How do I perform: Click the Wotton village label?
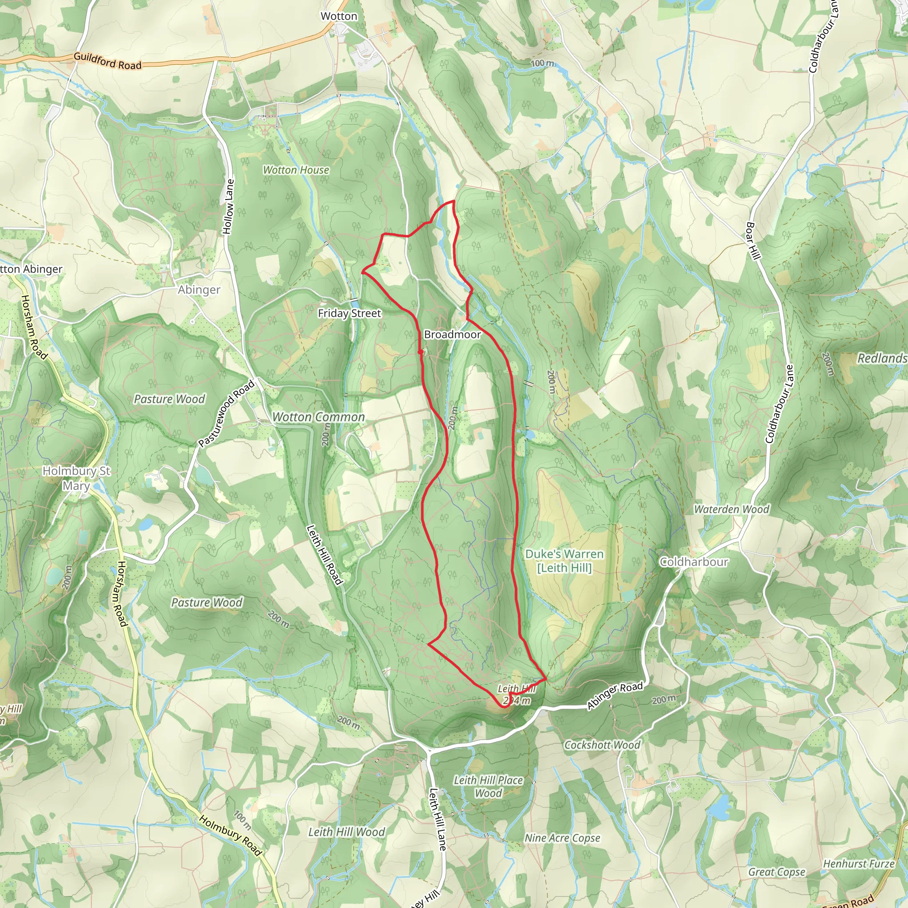point(338,16)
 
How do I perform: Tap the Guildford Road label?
point(107,61)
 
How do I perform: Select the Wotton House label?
point(296,170)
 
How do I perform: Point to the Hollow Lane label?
point(228,206)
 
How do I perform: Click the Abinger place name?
point(199,290)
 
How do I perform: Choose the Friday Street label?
point(349,313)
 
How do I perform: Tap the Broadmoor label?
point(452,335)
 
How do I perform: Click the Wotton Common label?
point(319,417)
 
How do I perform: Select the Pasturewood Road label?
point(226,413)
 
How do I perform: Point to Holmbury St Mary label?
point(77,478)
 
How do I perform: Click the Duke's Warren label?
point(564,561)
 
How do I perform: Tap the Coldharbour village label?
point(694,562)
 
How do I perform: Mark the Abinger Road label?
point(615,695)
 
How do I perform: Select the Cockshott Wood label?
point(602,745)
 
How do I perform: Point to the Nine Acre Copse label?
point(562,838)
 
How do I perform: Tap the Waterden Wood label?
point(731,509)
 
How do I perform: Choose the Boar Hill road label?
point(752,241)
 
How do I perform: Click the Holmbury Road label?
point(230,835)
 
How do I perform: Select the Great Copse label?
point(777,872)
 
